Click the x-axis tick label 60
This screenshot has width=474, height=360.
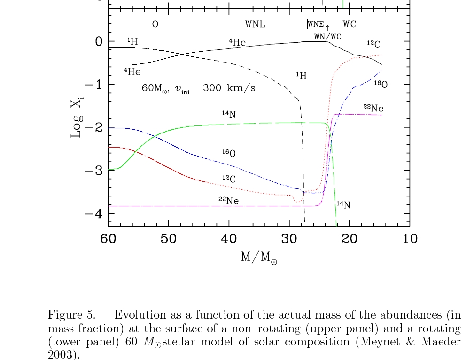[108, 239]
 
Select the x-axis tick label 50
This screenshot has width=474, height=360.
[169, 239]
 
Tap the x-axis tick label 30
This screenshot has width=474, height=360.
[289, 239]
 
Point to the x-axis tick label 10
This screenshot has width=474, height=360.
[410, 239]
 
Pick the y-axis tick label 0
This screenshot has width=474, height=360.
[98, 41]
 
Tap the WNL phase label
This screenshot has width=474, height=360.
[255, 24]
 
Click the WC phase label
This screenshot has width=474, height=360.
[350, 24]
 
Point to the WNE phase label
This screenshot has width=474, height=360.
[316, 24]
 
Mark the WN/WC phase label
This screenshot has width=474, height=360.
[327, 36]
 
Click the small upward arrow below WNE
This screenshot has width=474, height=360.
[327, 28]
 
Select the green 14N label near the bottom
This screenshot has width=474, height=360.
[343, 204]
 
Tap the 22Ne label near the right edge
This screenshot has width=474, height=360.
[373, 108]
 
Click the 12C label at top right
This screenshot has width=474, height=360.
[373, 44]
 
